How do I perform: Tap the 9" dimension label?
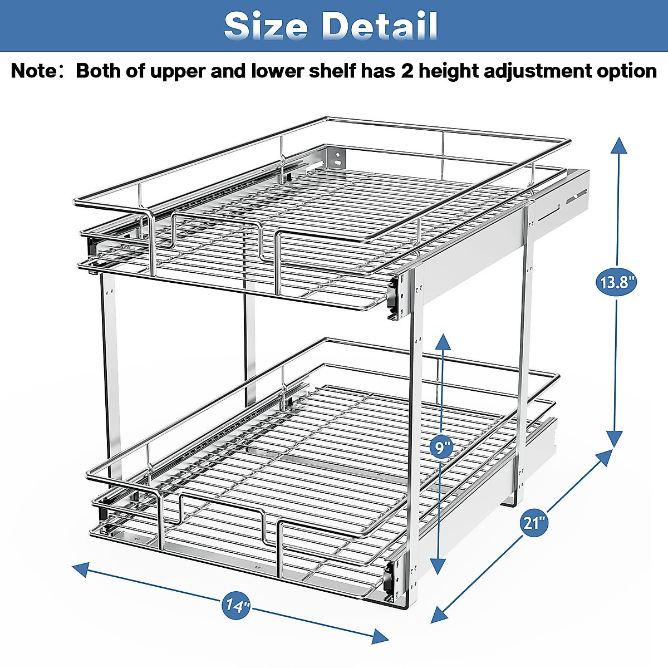[x=441, y=447]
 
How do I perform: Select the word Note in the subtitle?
[x=33, y=71]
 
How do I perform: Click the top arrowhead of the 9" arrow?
[x=443, y=341]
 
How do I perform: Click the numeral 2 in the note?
[x=408, y=71]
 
